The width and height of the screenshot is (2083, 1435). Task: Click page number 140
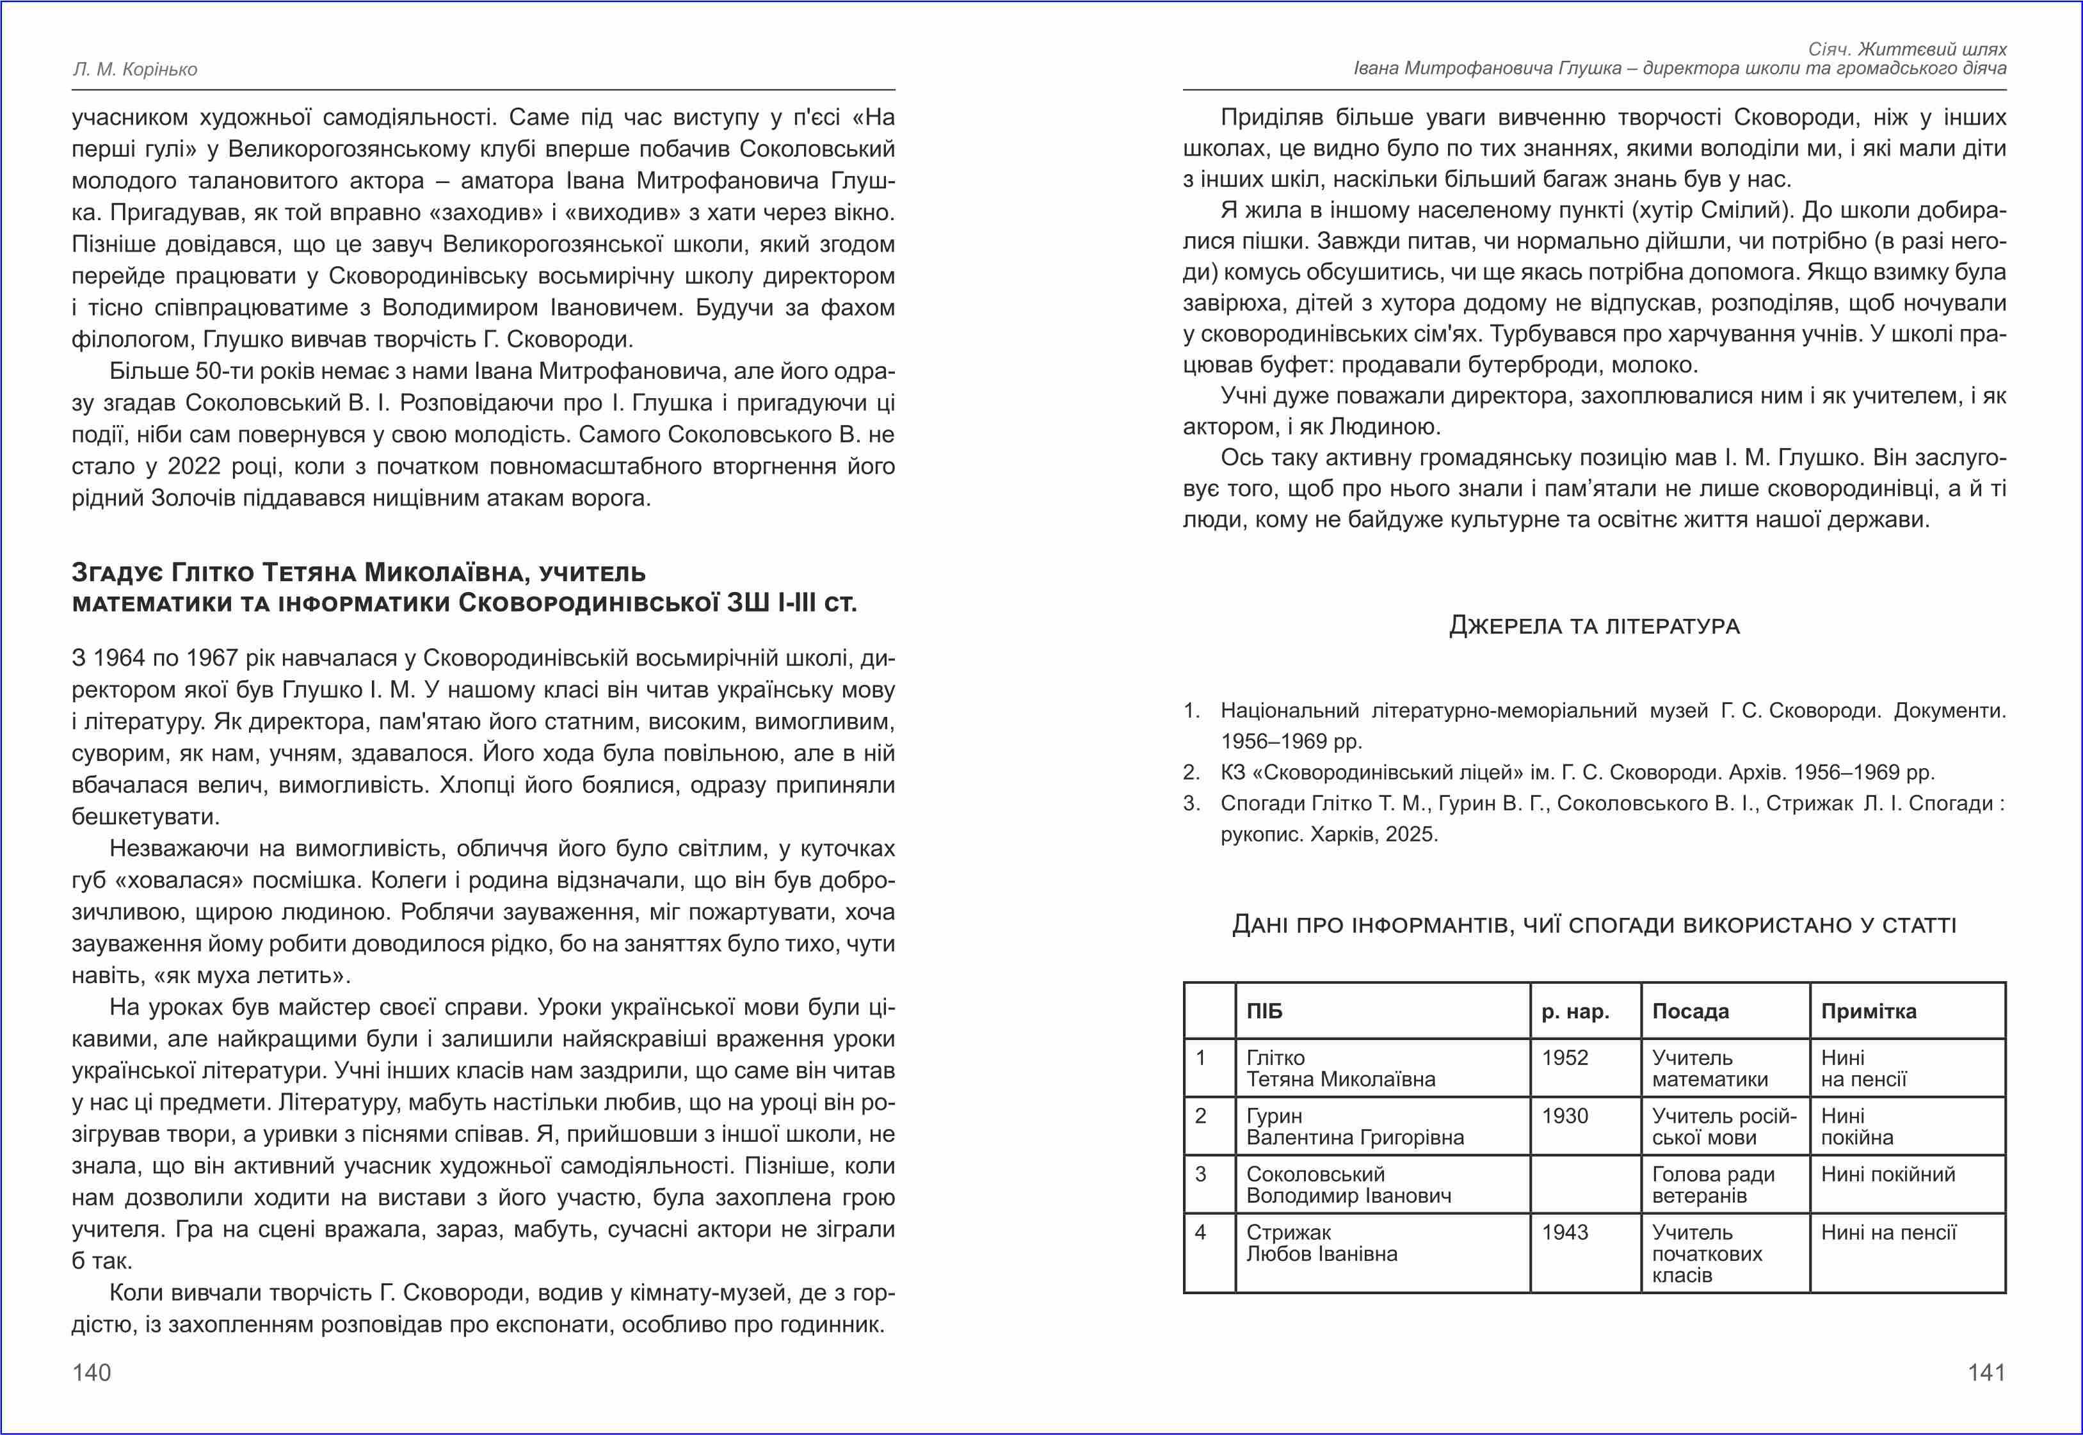pos(92,1372)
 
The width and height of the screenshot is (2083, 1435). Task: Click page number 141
pos(1987,1372)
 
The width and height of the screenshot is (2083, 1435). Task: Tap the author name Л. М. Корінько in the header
pos(135,69)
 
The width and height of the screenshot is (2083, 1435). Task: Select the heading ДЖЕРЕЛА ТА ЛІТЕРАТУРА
pos(1594,626)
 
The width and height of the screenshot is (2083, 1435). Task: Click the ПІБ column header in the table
pos(1264,1011)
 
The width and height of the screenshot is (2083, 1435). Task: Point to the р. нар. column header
pos(1575,1011)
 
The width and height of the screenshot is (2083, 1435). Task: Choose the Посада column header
pos(1690,1011)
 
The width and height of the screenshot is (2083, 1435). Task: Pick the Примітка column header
pos(1868,1011)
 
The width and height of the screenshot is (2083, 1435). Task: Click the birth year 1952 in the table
pos(1564,1058)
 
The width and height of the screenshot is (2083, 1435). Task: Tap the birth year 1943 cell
pos(1564,1233)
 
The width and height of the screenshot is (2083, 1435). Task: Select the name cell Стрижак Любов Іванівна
pos(1321,1244)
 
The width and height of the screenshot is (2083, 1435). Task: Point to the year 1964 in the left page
pos(120,658)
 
